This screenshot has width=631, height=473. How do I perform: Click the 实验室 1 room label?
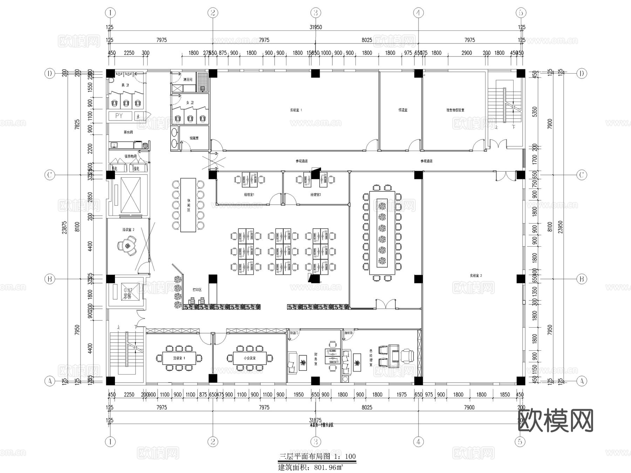pos(296,110)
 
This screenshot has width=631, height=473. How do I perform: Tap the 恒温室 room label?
pos(403,110)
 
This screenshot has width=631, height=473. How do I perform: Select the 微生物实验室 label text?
pos(455,110)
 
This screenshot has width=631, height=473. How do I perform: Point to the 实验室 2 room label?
pos(476,276)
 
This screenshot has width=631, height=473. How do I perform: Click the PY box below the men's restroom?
pos(119,116)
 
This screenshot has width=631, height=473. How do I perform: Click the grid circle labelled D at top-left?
pos(50,74)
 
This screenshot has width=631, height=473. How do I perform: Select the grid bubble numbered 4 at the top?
pos(418,13)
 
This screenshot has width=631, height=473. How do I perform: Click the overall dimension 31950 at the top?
pos(315,27)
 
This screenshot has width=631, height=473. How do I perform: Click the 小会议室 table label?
pos(250,358)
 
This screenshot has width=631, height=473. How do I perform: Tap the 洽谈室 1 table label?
pos(179,358)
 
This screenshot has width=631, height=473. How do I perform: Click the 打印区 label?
pos(197,290)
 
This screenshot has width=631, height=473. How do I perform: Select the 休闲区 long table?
pos(188,205)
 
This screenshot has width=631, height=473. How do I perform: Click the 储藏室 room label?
pos(194,138)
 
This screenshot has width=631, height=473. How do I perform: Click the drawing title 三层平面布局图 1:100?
pos(317,456)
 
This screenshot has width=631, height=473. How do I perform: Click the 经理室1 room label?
pos(249,194)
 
